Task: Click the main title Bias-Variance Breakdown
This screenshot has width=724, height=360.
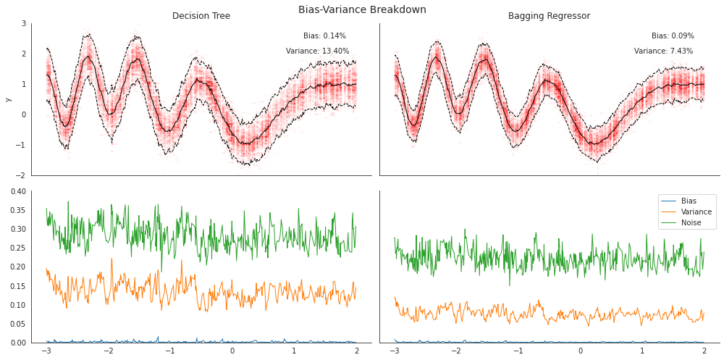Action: pyautogui.click(x=362, y=9)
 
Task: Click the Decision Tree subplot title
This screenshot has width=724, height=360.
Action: pyautogui.click(x=201, y=16)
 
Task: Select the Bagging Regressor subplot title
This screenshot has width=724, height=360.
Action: pyautogui.click(x=549, y=16)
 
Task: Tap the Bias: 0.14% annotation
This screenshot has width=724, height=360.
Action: pyautogui.click(x=324, y=35)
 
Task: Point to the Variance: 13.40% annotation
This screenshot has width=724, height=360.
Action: pyautogui.click(x=317, y=51)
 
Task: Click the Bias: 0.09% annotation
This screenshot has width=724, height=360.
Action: pyautogui.click(x=673, y=35)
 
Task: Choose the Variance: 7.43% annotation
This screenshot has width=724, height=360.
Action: pyautogui.click(x=663, y=51)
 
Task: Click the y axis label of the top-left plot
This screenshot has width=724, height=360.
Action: pyautogui.click(x=9, y=99)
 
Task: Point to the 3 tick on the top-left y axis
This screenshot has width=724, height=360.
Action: pyautogui.click(x=24, y=23)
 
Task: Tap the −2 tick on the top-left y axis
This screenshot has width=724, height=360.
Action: pyautogui.click(x=22, y=175)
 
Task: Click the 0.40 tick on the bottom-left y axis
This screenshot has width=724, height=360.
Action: pyautogui.click(x=18, y=191)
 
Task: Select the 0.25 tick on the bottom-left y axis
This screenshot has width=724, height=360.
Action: pyautogui.click(x=18, y=248)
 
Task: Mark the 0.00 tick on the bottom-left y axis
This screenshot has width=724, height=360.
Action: pyautogui.click(x=18, y=343)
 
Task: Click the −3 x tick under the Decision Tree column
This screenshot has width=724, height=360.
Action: pyautogui.click(x=46, y=351)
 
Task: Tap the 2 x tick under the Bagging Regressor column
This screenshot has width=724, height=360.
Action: pyautogui.click(x=704, y=351)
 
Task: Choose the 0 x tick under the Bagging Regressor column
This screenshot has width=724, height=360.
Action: pyautogui.click(x=580, y=351)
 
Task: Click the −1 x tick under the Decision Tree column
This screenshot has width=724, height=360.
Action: pyautogui.click(x=170, y=351)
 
